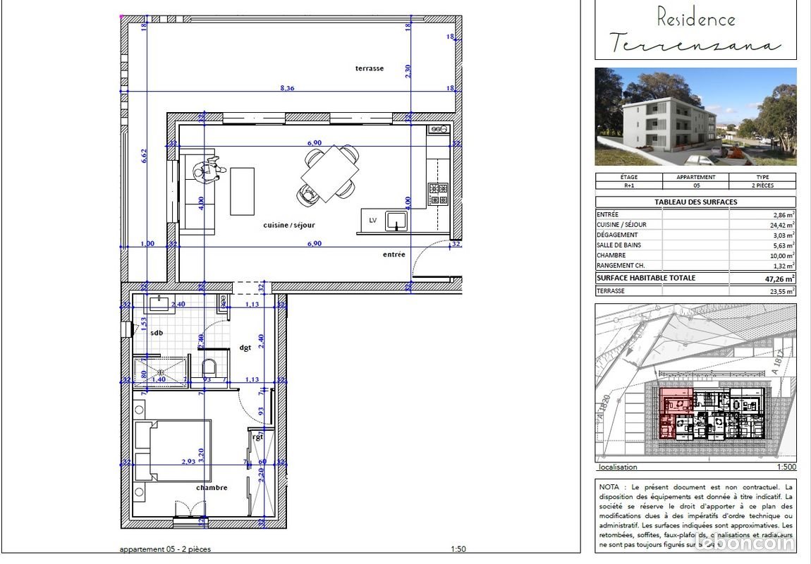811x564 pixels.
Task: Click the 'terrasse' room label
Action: pos(369,68)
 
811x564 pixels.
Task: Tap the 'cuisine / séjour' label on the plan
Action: pos(289,225)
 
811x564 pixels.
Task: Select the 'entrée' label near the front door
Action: pos(394,255)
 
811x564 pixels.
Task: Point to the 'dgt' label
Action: pos(245,347)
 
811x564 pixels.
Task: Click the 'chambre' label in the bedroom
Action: pos(212,487)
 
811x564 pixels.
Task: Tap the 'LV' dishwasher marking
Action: pos(373,221)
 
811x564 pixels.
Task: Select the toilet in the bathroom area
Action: pos(209,368)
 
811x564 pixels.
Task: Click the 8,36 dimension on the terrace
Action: pos(287,88)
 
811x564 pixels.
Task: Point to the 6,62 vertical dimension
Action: pos(144,155)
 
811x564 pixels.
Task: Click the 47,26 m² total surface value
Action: pos(776,278)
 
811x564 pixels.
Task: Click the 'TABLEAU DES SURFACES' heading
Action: pos(695,202)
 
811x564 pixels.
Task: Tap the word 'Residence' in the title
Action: pos(695,18)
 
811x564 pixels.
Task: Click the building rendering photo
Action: pos(695,116)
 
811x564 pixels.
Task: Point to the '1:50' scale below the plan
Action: pos(458,549)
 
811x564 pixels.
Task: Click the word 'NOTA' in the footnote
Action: pos(610,486)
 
